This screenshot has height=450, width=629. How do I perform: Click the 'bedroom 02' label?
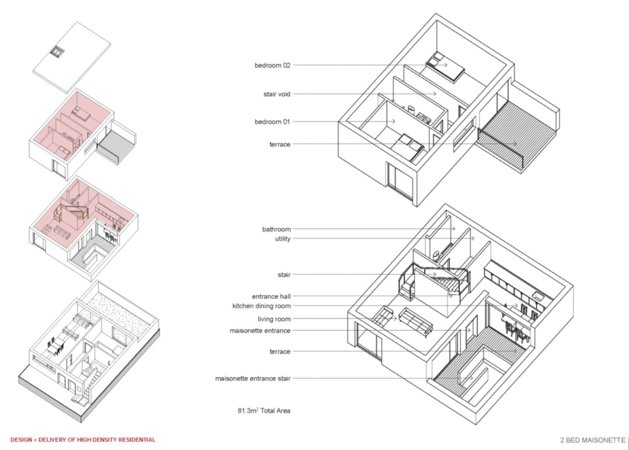[272, 65]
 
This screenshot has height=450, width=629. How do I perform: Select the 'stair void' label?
[277, 94]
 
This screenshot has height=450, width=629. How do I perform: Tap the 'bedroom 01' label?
[272, 122]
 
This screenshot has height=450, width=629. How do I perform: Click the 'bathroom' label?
[276, 229]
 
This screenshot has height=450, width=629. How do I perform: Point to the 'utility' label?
[283, 239]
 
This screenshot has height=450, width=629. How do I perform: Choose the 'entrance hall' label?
[271, 296]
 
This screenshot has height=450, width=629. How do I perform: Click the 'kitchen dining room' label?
[262, 306]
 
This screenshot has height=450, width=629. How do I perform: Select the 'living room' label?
[275, 319]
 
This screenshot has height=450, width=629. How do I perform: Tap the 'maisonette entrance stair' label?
[252, 379]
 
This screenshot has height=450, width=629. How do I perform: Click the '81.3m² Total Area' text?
[264, 411]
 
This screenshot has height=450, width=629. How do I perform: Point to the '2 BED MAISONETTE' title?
[593, 440]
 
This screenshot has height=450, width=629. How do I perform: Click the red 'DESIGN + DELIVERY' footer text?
[83, 440]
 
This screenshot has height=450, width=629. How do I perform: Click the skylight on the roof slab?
[57, 51]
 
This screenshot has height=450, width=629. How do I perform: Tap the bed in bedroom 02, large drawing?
[445, 67]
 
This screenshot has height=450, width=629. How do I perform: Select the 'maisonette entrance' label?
[260, 331]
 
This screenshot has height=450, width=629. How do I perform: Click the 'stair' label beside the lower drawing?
[284, 275]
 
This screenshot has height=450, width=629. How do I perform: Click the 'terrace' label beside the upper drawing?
[280, 144]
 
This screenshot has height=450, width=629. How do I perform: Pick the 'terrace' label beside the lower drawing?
[280, 352]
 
